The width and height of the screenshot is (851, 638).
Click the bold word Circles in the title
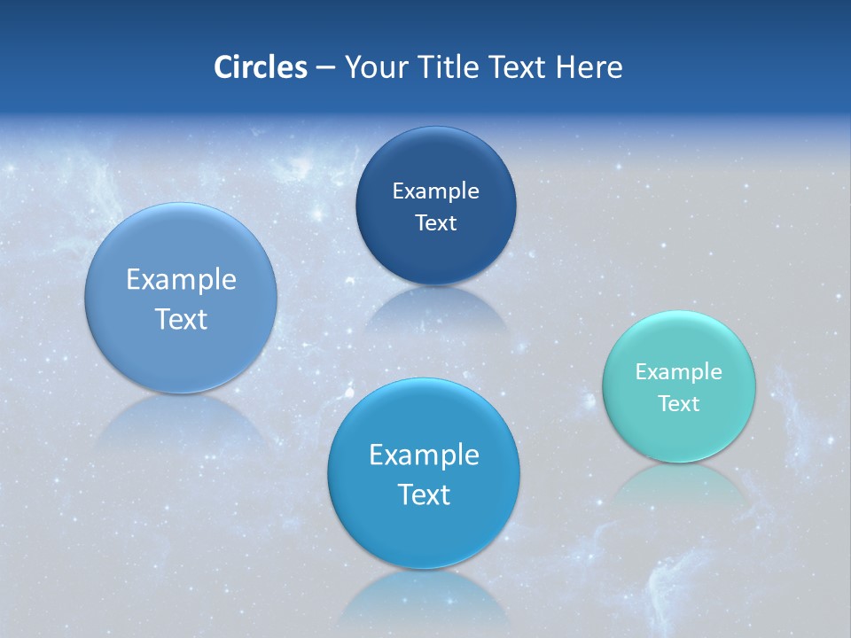point(260,67)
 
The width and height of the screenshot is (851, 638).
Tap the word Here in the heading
point(589,67)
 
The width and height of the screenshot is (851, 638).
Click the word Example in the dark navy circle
point(435,191)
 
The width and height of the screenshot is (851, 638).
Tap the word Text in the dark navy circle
point(435,223)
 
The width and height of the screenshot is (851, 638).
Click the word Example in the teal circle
point(679,372)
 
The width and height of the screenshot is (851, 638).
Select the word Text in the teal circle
point(679,404)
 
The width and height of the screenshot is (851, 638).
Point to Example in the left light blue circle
point(181,280)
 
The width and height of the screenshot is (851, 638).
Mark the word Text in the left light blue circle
point(181,319)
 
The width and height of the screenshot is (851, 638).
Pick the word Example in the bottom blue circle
point(424,455)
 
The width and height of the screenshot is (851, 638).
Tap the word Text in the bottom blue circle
point(424,494)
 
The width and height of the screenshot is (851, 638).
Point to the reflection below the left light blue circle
point(181,421)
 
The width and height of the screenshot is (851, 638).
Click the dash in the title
point(325,68)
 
